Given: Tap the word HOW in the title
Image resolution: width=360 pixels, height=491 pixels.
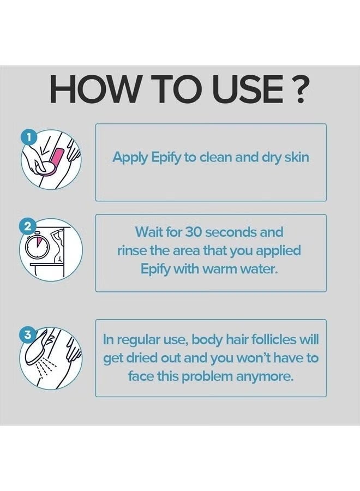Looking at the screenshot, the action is [x=94, y=90].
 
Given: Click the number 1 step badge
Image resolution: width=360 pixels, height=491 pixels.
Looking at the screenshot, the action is [x=28, y=137].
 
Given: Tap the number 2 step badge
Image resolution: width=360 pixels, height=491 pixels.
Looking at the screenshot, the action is [x=28, y=227].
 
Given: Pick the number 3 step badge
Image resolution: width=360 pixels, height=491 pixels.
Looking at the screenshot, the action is [x=28, y=335].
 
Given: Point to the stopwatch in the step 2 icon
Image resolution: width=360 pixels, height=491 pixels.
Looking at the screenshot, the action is [x=37, y=246].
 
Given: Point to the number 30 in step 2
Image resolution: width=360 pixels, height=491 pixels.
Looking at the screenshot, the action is [x=194, y=232].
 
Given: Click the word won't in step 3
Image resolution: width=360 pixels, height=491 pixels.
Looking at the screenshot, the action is [x=254, y=358].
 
